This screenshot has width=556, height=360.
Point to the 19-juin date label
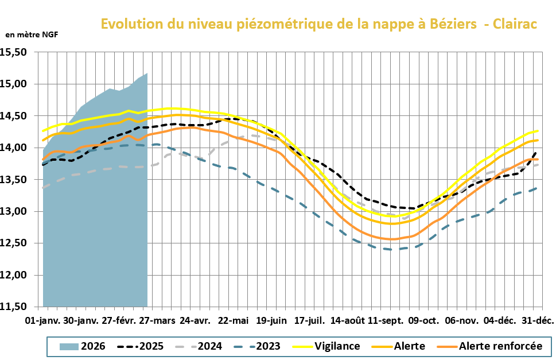tap(272, 319)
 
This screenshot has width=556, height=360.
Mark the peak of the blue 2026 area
tap(147, 73)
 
